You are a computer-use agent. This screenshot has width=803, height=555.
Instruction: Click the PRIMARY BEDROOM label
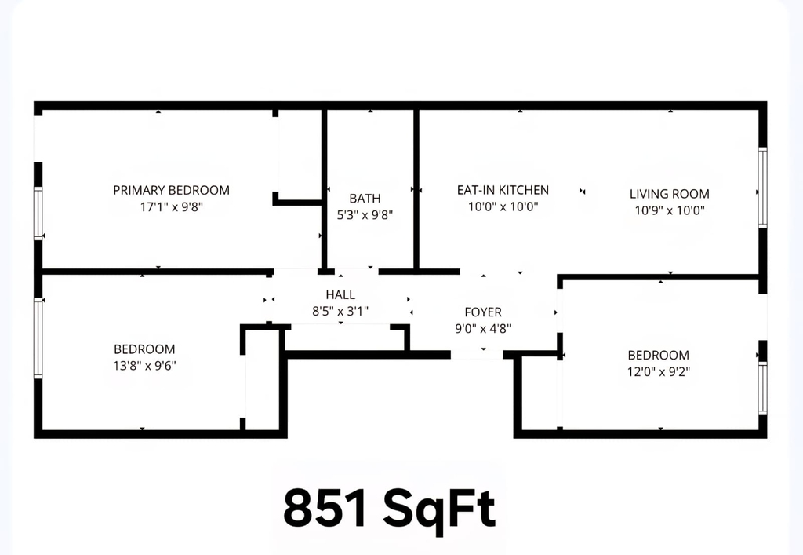tap(171, 190)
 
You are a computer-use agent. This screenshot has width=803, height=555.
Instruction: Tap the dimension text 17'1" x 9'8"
tap(172, 207)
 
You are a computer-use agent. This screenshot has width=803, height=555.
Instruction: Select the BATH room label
tap(365, 199)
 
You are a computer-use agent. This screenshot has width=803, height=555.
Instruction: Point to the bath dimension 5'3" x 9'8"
tap(365, 215)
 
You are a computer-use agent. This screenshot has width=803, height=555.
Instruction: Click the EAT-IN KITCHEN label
tap(503, 190)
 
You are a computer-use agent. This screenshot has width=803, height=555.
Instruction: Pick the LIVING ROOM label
tap(670, 194)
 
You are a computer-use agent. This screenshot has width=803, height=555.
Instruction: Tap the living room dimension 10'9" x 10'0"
tap(670, 210)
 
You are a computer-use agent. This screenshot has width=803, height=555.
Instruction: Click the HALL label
tap(340, 294)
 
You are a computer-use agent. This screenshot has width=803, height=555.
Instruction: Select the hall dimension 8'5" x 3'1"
tap(340, 311)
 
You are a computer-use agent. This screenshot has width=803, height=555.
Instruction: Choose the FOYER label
tap(483, 312)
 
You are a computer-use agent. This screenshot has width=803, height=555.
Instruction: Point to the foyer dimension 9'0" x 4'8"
tap(483, 328)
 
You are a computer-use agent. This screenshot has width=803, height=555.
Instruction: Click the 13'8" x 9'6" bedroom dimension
tap(144, 366)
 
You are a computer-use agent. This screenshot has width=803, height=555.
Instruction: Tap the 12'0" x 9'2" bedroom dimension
tap(659, 371)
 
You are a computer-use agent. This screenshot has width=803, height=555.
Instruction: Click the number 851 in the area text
tap(325, 508)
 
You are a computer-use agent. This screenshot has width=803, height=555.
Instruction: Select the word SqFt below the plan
tap(439, 510)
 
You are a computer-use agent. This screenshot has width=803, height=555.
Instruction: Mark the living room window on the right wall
tap(762, 188)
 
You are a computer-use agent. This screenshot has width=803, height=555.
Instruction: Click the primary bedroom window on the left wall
tap(38, 214)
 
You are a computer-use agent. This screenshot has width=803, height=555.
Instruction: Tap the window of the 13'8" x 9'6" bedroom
tap(38, 339)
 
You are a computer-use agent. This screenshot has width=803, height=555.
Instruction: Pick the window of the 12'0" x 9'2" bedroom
tap(762, 389)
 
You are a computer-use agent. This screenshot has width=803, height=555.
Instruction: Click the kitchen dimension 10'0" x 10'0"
tap(503, 206)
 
